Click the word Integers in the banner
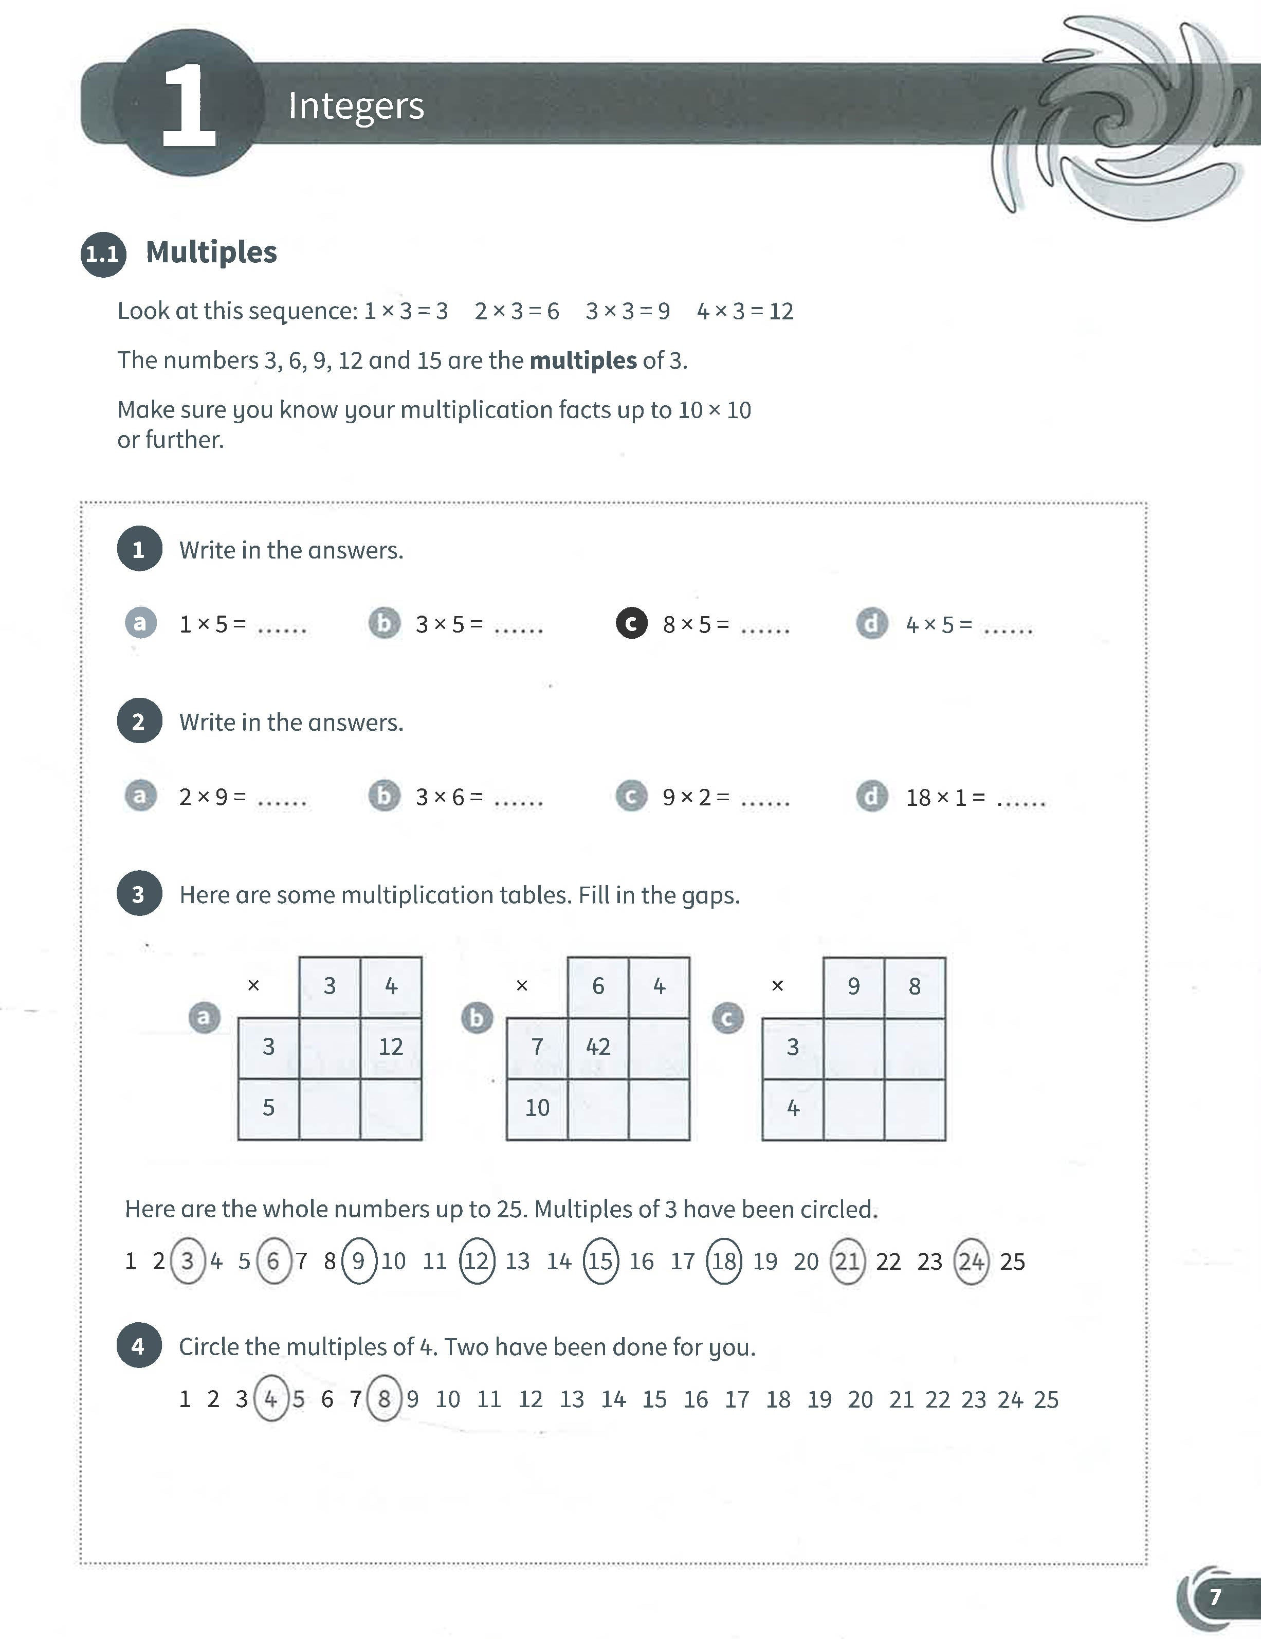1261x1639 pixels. (x=356, y=106)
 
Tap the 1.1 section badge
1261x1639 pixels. (x=103, y=254)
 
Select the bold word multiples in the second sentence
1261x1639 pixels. (x=583, y=361)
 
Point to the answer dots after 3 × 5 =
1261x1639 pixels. (x=518, y=629)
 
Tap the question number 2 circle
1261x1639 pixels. (x=139, y=721)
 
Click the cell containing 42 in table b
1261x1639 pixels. (x=598, y=1047)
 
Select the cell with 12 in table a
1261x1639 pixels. (x=391, y=1047)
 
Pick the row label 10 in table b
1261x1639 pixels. (x=537, y=1108)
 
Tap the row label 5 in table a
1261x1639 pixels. (x=268, y=1108)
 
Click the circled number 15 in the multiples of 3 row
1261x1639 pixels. (x=600, y=1262)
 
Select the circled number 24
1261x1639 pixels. (x=971, y=1262)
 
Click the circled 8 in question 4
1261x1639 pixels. (x=383, y=1399)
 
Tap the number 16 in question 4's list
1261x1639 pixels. (x=696, y=1399)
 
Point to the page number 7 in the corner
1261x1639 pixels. (x=1215, y=1596)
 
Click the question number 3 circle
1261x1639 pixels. (x=139, y=894)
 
